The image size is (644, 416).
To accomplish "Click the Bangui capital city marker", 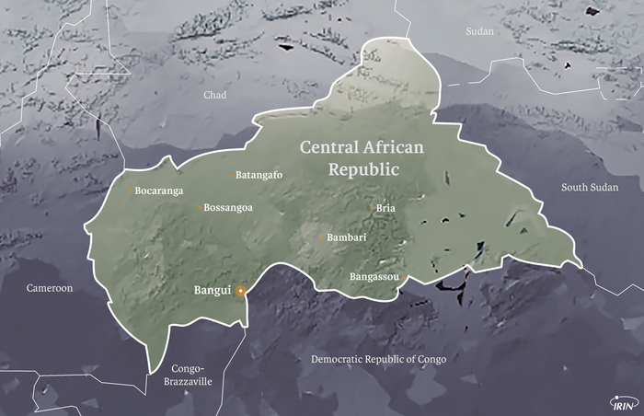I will (x=240, y=291).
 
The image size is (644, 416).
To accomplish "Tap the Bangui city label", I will (x=212, y=291).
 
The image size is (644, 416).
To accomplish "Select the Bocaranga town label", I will (x=159, y=191).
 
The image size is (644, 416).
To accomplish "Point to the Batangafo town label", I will (x=259, y=175).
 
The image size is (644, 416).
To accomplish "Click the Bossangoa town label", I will (x=228, y=208).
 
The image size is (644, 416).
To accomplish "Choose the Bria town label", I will (x=385, y=208).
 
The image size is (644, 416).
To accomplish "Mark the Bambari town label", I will (x=347, y=237).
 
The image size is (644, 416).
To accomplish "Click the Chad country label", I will (x=214, y=95).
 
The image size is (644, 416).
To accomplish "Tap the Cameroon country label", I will (x=49, y=288).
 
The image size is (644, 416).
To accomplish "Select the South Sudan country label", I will (x=590, y=188).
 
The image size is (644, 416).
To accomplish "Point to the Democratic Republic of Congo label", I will (x=378, y=359).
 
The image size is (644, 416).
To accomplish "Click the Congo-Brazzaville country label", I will (x=188, y=373).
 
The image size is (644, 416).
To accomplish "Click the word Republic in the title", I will (x=364, y=169).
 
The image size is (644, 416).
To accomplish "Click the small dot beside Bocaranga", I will (x=131, y=191).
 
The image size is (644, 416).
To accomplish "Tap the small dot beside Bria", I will (x=372, y=208).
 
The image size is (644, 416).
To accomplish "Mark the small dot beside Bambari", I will (x=322, y=237).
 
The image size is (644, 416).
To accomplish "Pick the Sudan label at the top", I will (x=479, y=31).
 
